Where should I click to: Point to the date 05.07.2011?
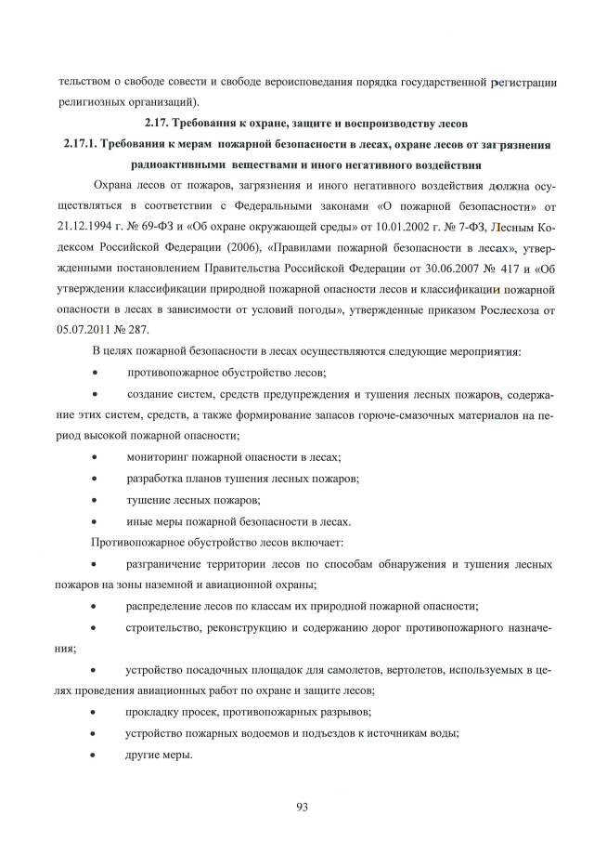[88, 328]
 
